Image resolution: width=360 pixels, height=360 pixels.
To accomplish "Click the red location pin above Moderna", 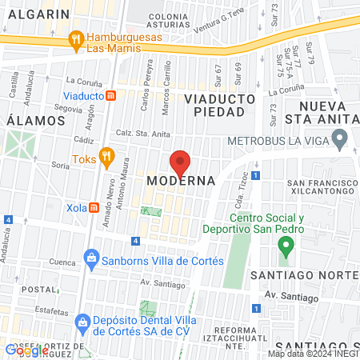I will pyautogui.click(x=180, y=162).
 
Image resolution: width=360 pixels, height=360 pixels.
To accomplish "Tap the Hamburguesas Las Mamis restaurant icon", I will pyautogui.click(x=77, y=38).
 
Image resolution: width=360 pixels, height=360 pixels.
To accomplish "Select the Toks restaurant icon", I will pyautogui.click(x=106, y=157).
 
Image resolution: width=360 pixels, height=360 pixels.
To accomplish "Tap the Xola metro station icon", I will pyautogui.click(x=94, y=208).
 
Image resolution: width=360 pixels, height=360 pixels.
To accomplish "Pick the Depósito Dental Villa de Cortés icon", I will pyautogui.click(x=82, y=322).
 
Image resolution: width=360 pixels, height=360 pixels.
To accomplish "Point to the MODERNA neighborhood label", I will pyautogui.click(x=181, y=182).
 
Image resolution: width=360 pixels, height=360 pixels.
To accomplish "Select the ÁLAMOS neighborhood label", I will pyautogui.click(x=35, y=120).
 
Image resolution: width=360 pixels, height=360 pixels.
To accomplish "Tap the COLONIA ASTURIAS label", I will pyautogui.click(x=168, y=20).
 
